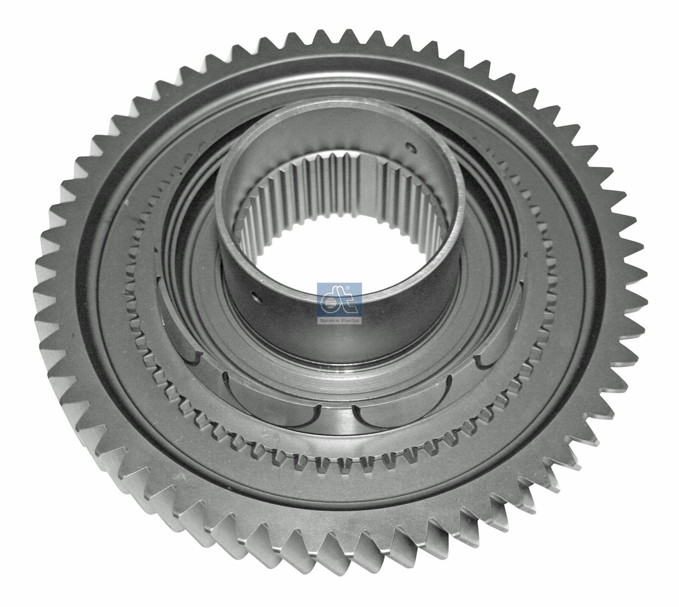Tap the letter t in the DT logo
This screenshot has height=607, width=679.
tap(346, 301)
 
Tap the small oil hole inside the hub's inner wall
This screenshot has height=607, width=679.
tap(410, 148)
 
